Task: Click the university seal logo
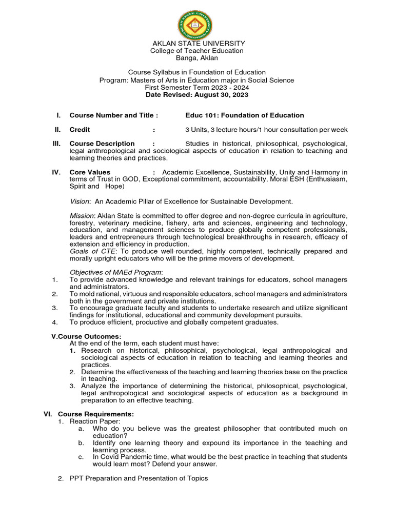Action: (x=195, y=24)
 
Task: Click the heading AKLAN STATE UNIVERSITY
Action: (x=197, y=44)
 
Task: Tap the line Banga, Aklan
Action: (x=197, y=58)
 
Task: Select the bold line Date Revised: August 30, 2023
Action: (x=197, y=95)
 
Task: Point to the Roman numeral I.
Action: (x=59, y=115)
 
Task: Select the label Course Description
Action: (x=102, y=144)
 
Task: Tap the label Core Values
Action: (x=90, y=172)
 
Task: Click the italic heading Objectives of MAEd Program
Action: (x=116, y=272)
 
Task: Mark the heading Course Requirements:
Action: (x=96, y=414)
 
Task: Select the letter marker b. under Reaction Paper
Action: (x=81, y=442)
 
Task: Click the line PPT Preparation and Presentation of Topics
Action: (x=139, y=478)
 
